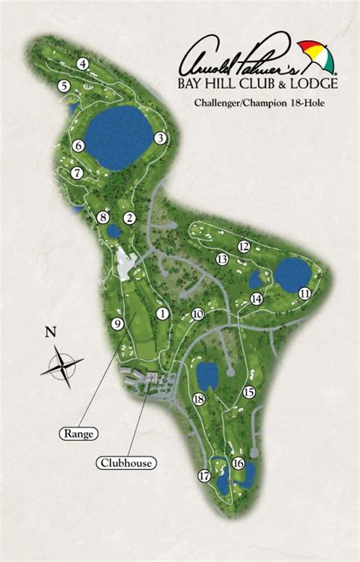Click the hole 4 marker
(x=82, y=65)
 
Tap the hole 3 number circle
(x=159, y=137)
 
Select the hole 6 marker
(x=77, y=145)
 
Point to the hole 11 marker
(x=305, y=293)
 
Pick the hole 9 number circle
(x=117, y=324)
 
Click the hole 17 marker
(x=204, y=476)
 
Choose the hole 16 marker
(x=238, y=463)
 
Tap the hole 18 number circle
(x=200, y=399)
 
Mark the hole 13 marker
(x=222, y=259)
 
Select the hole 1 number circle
(x=162, y=312)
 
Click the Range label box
(x=80, y=434)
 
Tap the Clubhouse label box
(x=125, y=462)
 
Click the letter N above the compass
(x=51, y=331)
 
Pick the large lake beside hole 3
(x=118, y=137)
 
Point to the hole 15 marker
(x=248, y=392)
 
